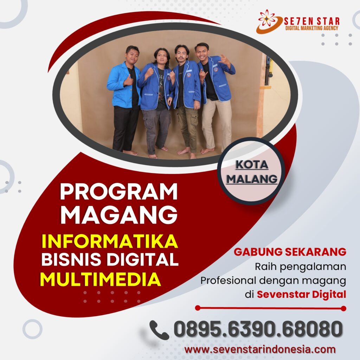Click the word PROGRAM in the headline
pos(119,192)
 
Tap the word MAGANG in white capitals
pos(119,215)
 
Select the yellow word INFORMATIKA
pos(110,241)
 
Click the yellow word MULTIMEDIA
pos(100,279)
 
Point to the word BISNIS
pos(71,259)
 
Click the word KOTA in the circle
pos(252,165)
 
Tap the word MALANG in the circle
pos(252,179)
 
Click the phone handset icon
pos(159,330)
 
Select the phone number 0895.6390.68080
pos(258,329)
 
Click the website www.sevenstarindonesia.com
pos(260,349)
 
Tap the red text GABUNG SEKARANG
pos(290,252)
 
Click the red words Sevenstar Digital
pos(301,294)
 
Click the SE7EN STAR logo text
pos(311,21)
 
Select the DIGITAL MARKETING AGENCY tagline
pos(311,28)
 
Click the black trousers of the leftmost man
pos(125,129)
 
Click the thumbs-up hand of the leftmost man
pos(129,81)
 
